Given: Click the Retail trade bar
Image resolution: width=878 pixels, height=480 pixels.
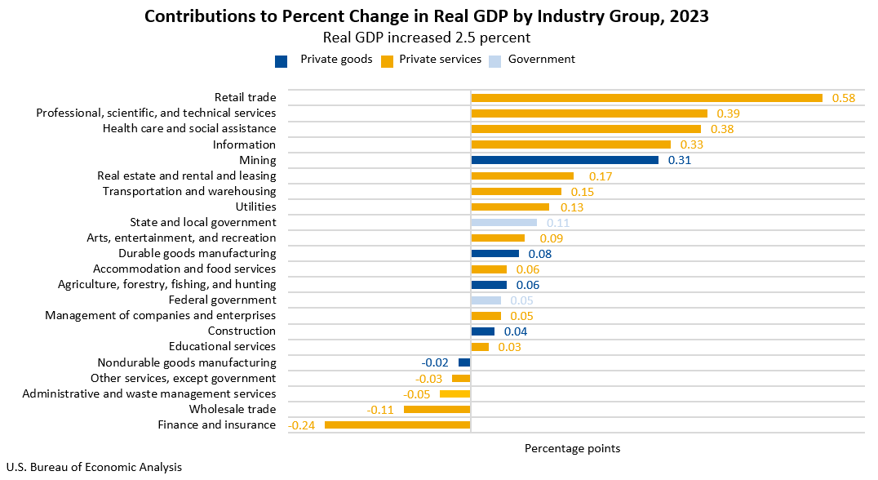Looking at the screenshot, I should [646, 98].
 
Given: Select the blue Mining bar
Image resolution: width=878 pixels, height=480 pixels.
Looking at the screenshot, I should [565, 160].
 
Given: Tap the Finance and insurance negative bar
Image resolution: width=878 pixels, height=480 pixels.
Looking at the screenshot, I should [397, 424].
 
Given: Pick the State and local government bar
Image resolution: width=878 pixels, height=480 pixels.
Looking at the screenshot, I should [503, 222].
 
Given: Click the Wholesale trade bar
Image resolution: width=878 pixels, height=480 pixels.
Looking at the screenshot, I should [437, 409].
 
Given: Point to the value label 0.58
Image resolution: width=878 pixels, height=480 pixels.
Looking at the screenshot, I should [843, 98].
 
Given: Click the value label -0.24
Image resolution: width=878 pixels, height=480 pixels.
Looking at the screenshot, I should [301, 424].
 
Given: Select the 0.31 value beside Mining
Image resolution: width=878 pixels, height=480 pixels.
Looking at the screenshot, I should [679, 161].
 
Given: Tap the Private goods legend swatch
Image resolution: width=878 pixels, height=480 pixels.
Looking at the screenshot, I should [282, 60].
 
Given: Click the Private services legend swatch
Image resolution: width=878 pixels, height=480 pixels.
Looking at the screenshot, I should [388, 60].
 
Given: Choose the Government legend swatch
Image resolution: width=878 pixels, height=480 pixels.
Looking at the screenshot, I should [494, 60].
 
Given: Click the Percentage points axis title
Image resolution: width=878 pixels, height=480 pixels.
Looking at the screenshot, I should [572, 448].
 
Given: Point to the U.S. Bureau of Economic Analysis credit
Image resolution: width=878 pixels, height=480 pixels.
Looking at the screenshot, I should [94, 468].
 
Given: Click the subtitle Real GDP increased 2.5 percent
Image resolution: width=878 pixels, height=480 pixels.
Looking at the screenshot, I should [427, 38].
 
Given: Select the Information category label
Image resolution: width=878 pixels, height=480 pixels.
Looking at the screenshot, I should [244, 144].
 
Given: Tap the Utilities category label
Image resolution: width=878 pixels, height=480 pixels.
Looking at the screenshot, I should [255, 207].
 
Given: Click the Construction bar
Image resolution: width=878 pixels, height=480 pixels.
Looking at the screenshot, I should [482, 331].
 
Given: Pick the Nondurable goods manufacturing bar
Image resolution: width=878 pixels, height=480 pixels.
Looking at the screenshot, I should [464, 362].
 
